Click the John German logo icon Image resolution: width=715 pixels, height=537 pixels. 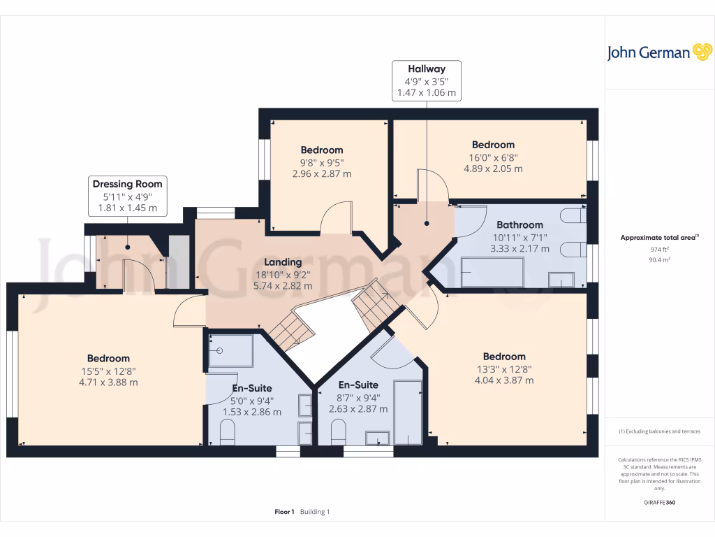(702, 52)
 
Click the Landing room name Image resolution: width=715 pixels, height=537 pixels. (283, 262)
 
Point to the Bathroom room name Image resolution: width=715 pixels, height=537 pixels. (519, 224)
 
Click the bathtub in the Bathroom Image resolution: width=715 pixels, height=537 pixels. (492, 272)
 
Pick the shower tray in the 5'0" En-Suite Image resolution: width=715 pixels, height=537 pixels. (231, 350)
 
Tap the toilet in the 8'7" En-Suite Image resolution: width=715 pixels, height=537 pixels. (337, 434)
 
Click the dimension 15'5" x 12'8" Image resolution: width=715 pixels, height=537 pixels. (108, 371)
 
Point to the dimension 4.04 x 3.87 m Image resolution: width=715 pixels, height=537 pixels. (504, 380)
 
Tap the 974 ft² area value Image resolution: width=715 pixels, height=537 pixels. (659, 249)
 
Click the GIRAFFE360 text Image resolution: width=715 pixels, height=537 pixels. (659, 503)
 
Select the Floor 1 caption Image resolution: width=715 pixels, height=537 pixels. (284, 512)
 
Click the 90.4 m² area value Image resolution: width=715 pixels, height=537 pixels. (659, 259)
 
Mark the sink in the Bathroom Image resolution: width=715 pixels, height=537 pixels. (562, 279)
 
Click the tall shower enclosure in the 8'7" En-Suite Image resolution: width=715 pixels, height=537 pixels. (408, 413)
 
